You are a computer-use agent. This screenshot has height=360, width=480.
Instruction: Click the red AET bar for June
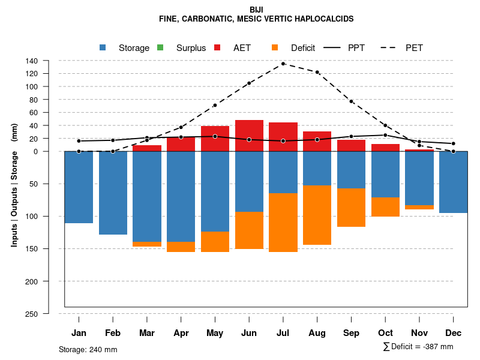click(249, 136)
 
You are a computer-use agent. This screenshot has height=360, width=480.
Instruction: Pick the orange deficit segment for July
click(283, 222)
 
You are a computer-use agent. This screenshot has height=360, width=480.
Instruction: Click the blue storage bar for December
click(453, 182)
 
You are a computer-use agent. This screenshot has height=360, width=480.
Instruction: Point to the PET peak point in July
click(283, 64)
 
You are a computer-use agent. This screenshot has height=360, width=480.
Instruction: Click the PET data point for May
click(215, 105)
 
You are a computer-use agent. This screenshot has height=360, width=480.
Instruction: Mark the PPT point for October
click(385, 135)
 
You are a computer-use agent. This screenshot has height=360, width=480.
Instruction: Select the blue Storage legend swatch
click(103, 47)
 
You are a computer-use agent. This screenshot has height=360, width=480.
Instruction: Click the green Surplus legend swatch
click(160, 47)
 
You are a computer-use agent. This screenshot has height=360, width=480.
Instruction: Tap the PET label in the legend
click(414, 48)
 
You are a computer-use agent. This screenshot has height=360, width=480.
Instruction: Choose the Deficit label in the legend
click(303, 48)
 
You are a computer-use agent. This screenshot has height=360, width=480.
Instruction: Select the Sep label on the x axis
click(352, 333)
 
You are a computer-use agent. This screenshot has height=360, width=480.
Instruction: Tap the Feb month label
click(113, 333)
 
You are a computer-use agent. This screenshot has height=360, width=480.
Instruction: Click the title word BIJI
click(256, 10)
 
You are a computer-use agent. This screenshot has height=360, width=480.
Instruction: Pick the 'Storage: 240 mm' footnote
click(88, 349)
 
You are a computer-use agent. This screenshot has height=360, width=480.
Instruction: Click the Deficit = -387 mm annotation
click(418, 347)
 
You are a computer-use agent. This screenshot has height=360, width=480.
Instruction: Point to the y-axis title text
click(14, 185)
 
